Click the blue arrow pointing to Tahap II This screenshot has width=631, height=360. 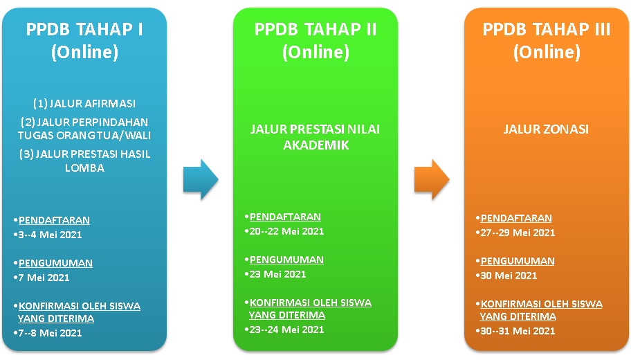click(201, 179)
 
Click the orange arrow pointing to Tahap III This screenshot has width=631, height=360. click(432, 179)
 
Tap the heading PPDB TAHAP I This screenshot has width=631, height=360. click(84, 29)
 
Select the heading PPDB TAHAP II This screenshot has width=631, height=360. click(315, 29)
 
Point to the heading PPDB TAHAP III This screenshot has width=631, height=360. click(547, 29)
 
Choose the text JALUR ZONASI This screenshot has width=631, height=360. click(546, 129)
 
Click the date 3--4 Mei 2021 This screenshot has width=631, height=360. click(51, 235)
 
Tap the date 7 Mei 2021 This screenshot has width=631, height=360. click(44, 278)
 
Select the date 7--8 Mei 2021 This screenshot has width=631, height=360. click(51, 333)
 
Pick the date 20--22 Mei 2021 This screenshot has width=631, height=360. click(286, 231)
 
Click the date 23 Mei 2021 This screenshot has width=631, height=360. click(277, 274)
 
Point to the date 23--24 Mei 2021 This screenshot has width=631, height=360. click(286, 330)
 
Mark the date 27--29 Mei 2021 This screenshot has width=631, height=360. click(518, 233)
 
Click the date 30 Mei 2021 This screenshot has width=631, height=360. click(509, 276)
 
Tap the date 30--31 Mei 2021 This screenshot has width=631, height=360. click(518, 331)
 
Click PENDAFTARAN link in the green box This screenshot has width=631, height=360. click(285, 217)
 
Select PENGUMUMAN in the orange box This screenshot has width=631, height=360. click(518, 261)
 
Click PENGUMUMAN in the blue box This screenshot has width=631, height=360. click(55, 263)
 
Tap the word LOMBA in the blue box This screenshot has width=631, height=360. click(84, 168)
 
